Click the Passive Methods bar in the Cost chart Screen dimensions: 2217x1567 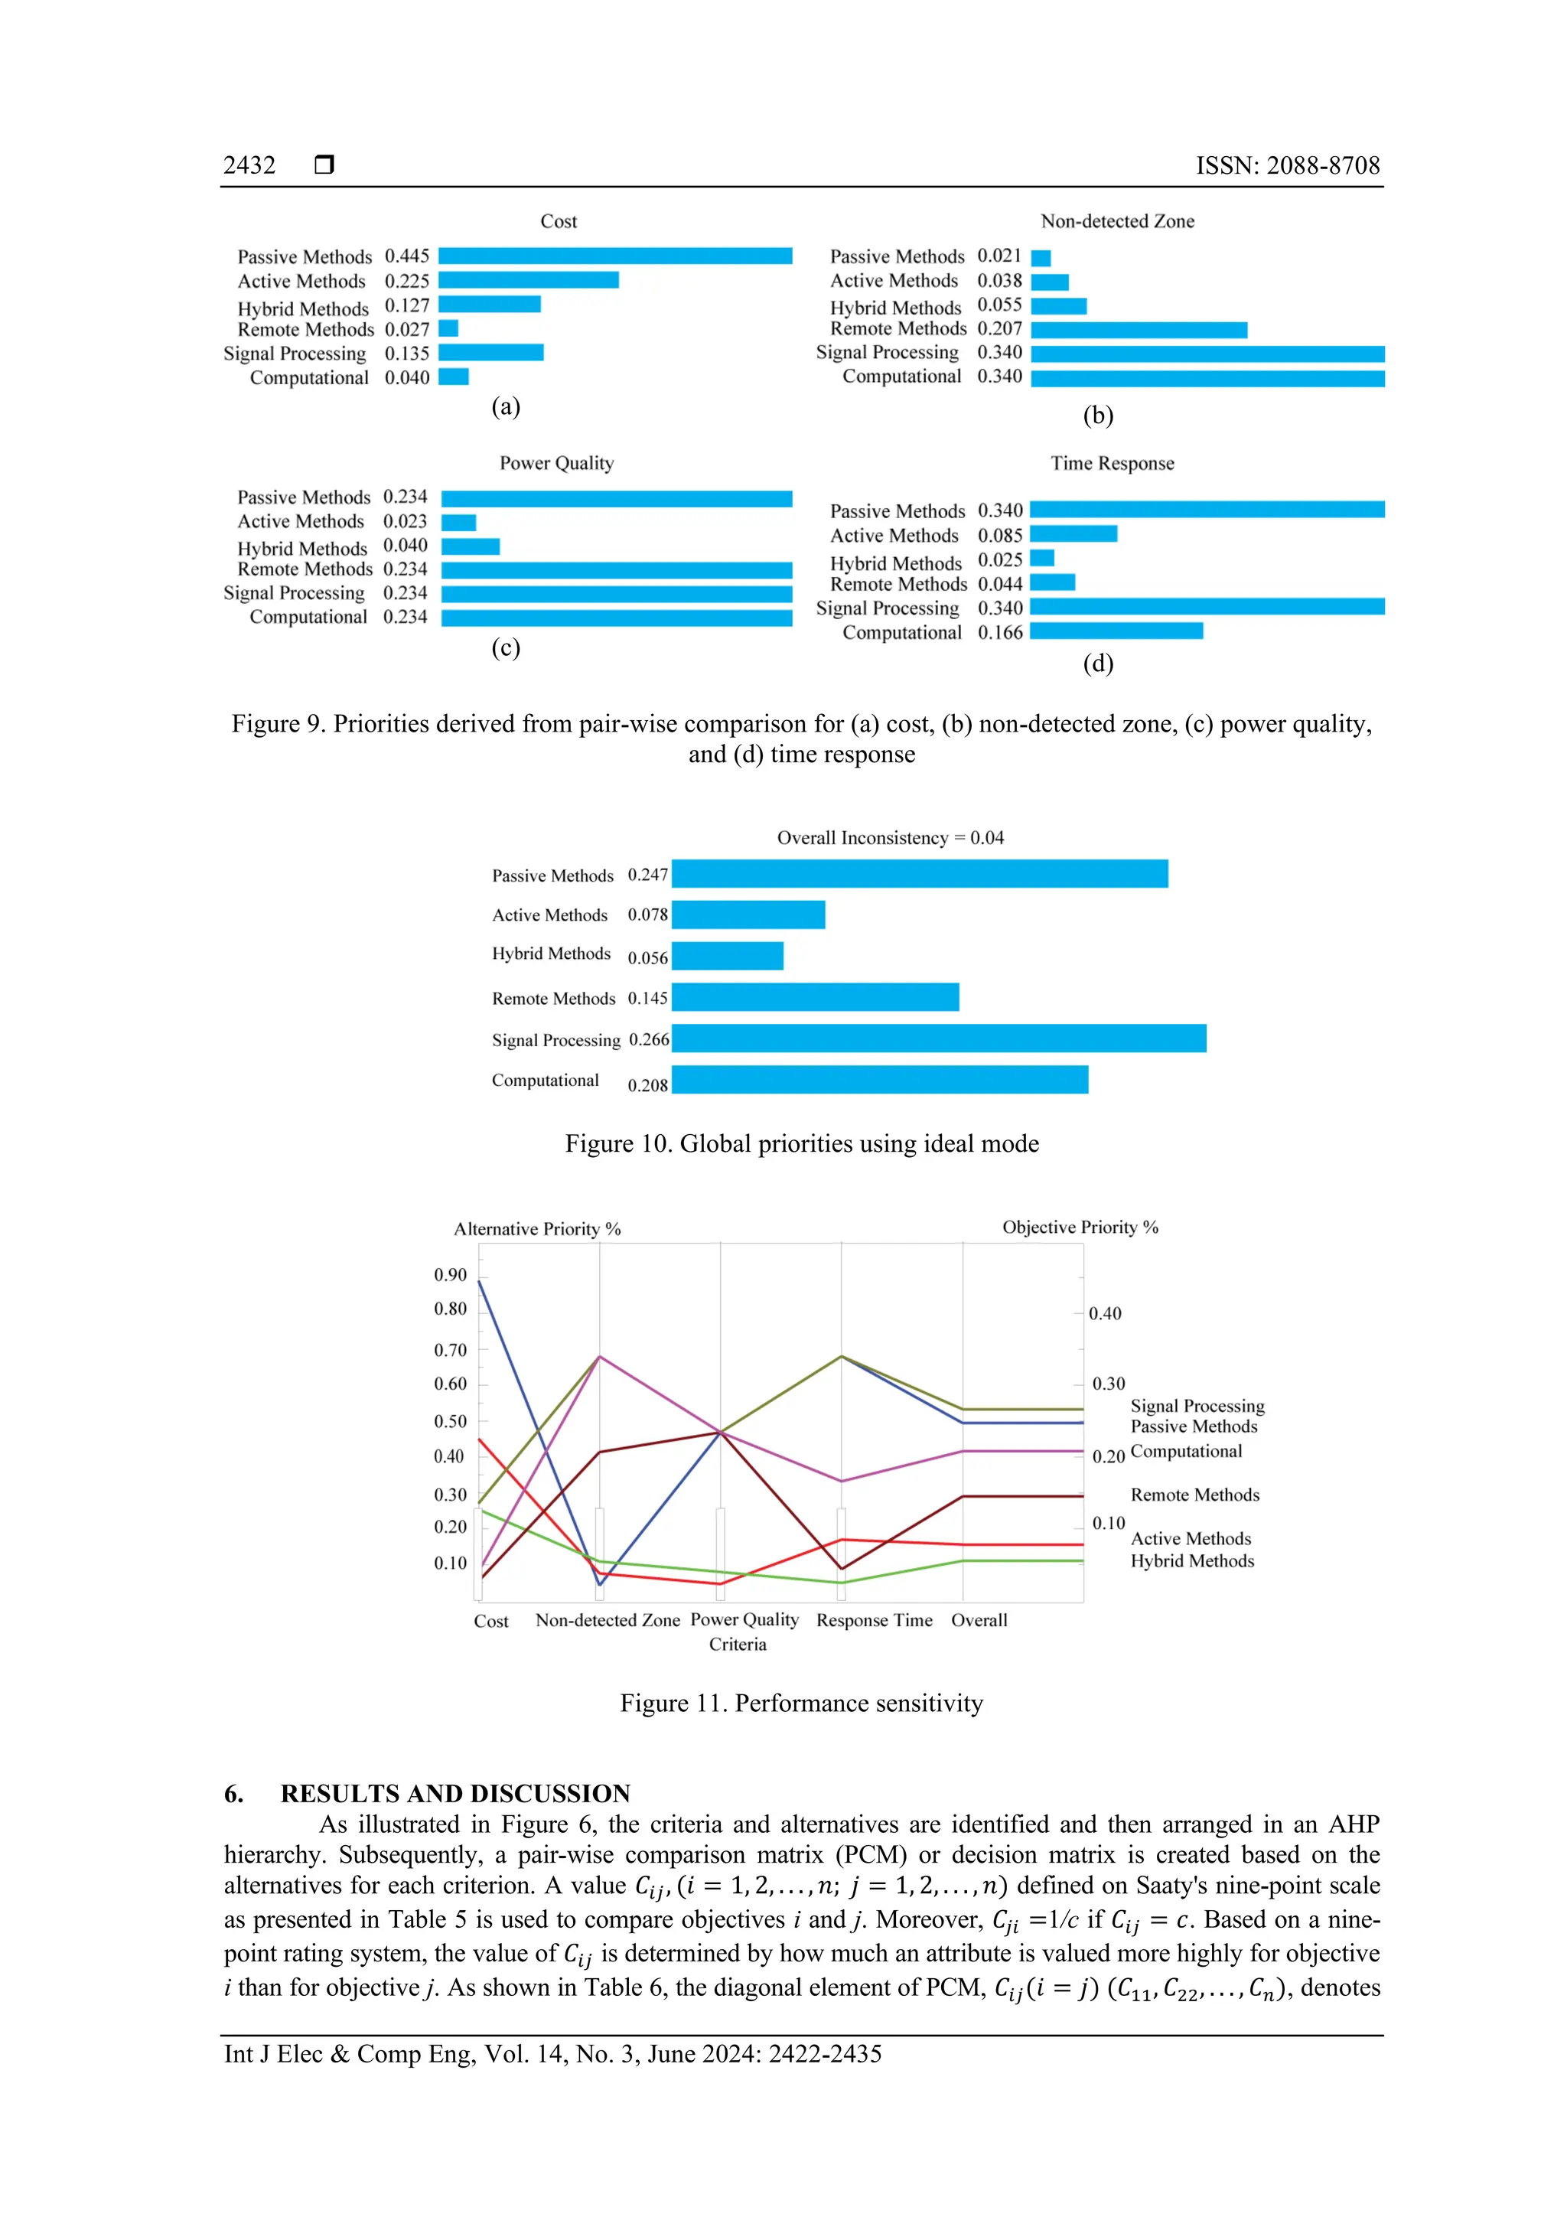tap(615, 256)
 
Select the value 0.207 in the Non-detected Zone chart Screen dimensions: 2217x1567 tap(999, 328)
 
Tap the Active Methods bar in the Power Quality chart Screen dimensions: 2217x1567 tap(458, 523)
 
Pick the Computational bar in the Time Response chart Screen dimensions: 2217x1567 tap(1116, 631)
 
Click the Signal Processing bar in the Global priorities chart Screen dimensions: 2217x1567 tap(939, 1039)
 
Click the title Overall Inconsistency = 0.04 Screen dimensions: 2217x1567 tap(890, 838)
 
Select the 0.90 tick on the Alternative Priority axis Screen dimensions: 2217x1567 tap(450, 1275)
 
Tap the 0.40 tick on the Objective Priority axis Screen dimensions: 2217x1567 tap(1105, 1313)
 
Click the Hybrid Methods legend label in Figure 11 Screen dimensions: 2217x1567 tap(1192, 1561)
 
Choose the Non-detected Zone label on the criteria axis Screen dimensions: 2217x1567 tap(608, 1620)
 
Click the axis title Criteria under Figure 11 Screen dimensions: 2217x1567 tap(738, 1645)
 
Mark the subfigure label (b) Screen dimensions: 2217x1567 tap(1098, 416)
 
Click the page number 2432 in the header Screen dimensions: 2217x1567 tap(249, 166)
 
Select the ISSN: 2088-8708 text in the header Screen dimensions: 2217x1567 tap(1287, 166)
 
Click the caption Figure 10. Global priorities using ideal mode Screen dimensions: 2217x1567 tap(801, 1144)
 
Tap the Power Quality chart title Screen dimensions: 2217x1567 tap(556, 464)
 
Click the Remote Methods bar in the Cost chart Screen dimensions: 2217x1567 tap(449, 329)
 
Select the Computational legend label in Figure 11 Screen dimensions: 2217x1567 tap(1186, 1451)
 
